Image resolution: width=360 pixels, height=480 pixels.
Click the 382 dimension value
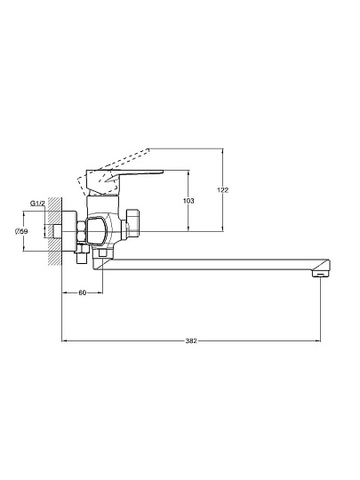click(x=191, y=340)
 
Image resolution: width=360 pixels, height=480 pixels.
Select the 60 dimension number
click(x=83, y=293)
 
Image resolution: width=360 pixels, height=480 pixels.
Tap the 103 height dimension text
click(x=188, y=201)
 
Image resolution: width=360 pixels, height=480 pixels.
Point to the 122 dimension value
click(x=223, y=190)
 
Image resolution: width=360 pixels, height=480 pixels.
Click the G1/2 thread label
click(x=37, y=204)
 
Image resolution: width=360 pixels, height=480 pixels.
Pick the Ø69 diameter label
click(x=21, y=231)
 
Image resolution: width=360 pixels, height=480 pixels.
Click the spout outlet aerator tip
click(x=320, y=274)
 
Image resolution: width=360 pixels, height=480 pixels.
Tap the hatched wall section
click(x=55, y=231)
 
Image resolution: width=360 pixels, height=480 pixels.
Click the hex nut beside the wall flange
click(x=81, y=232)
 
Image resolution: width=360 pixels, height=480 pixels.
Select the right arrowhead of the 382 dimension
click(x=319, y=340)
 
